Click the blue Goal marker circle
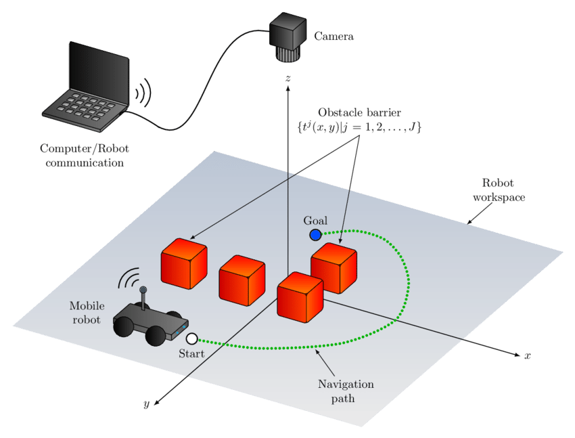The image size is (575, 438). click(315, 235)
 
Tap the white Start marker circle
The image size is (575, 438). click(192, 338)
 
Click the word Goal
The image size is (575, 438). click(315, 221)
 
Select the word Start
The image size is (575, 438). click(191, 353)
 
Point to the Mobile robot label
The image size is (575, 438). click(87, 313)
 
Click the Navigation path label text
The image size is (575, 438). click(346, 391)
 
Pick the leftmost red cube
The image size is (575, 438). click(183, 262)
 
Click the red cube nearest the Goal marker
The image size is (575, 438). click(333, 268)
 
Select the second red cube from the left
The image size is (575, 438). click(241, 279)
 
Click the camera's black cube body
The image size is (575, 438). click(290, 33)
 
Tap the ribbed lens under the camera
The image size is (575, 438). click(289, 57)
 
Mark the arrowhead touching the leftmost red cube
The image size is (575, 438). click(192, 238)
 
